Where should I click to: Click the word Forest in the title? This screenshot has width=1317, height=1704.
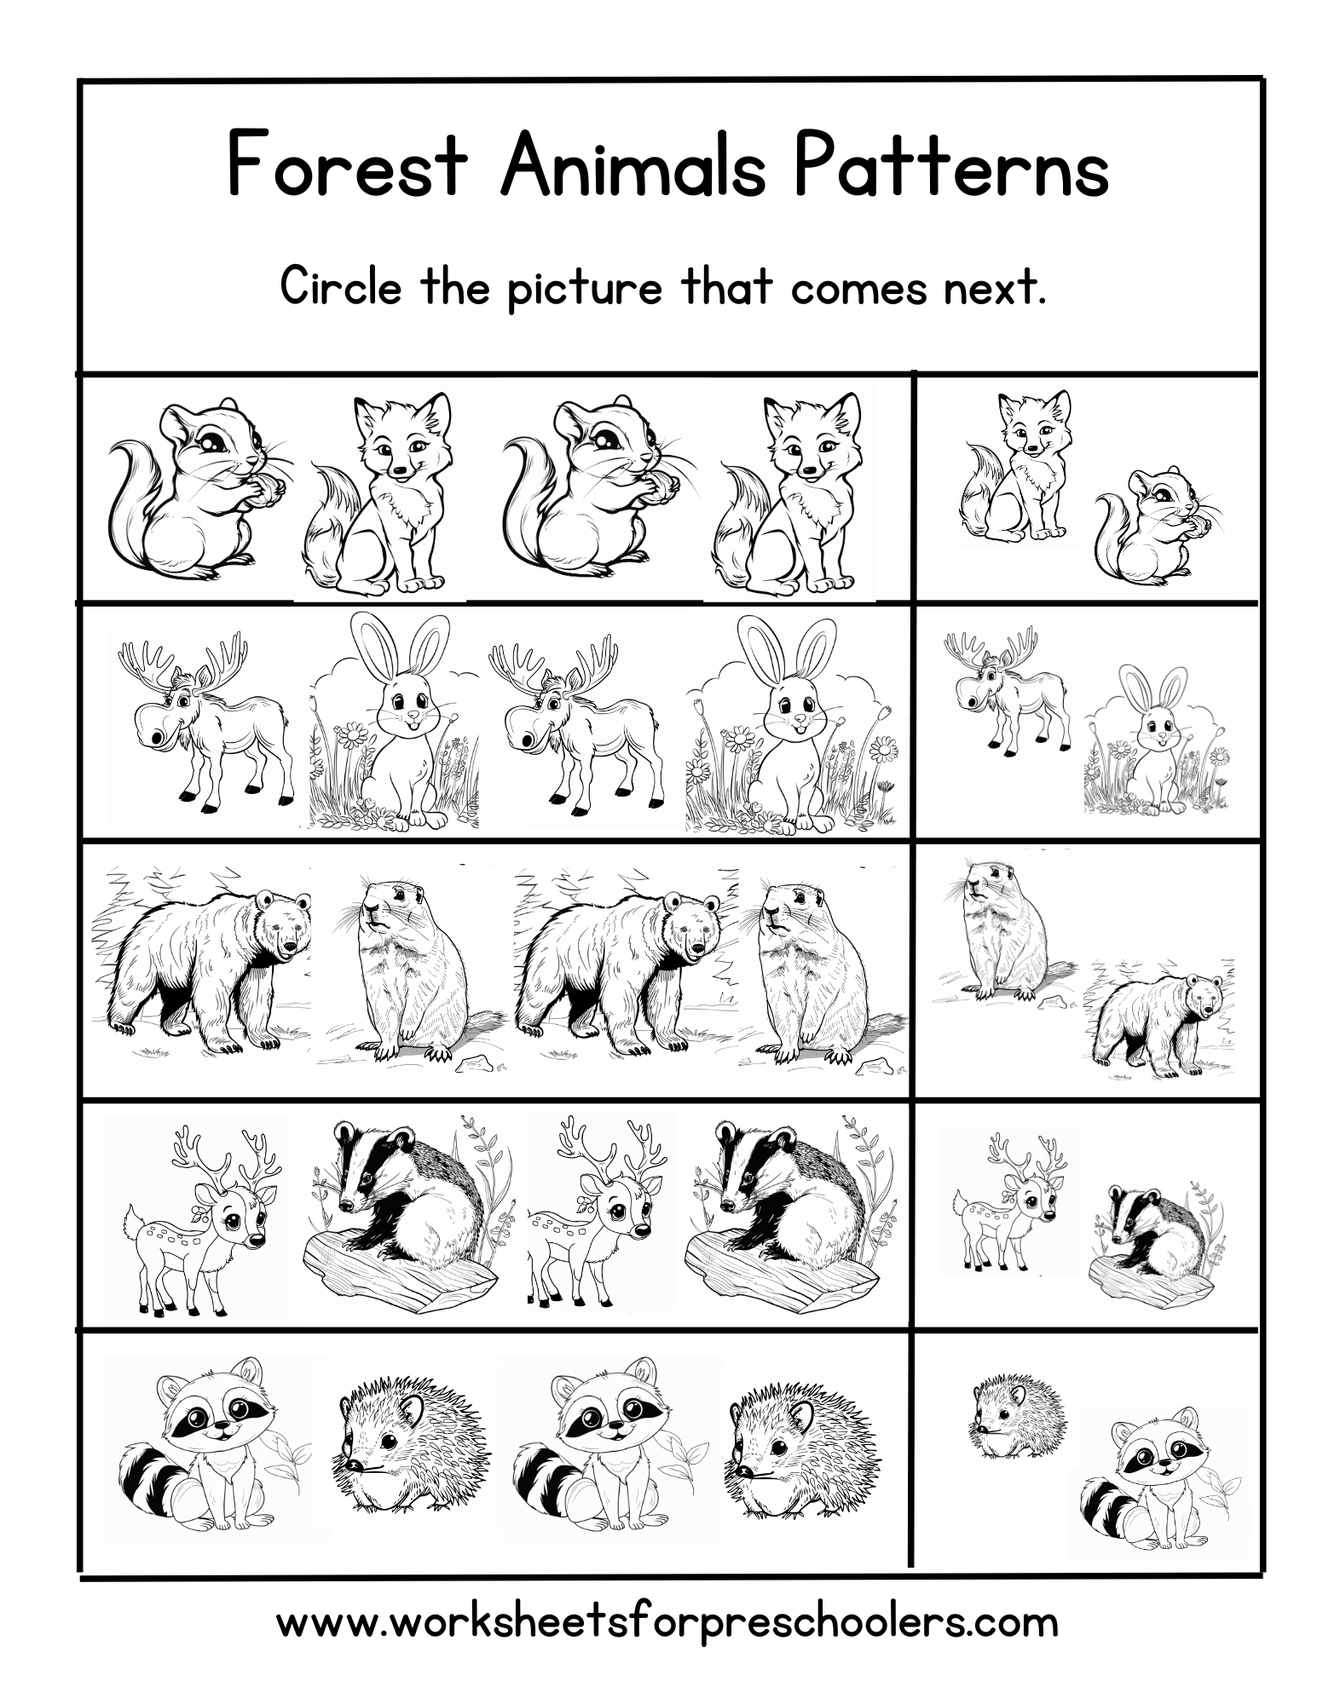pyautogui.click(x=348, y=166)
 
